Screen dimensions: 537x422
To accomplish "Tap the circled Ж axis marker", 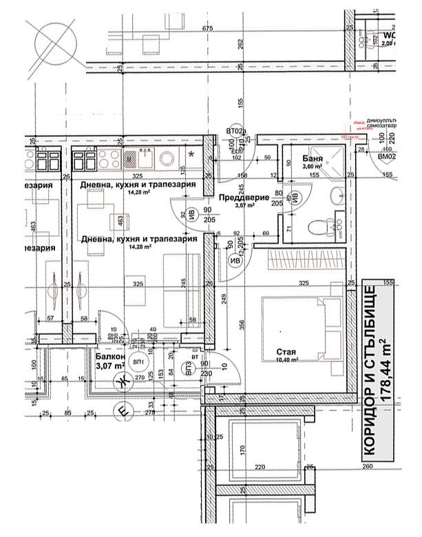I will click(x=125, y=383).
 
